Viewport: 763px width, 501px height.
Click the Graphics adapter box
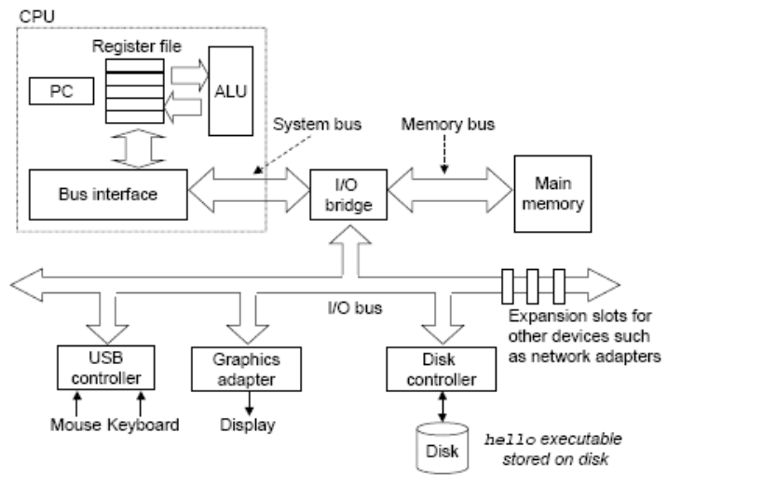(x=232, y=369)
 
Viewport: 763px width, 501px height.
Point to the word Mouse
(x=75, y=426)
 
